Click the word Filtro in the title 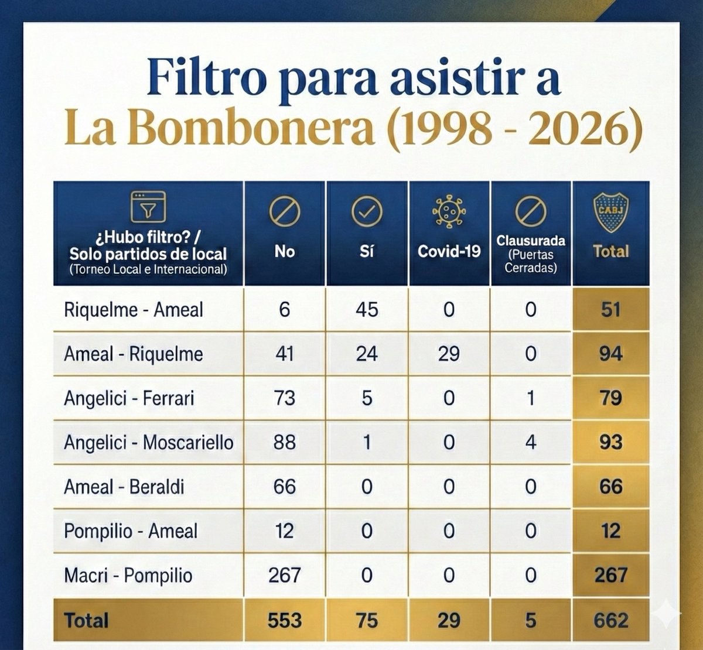point(207,77)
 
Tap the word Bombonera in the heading point(251,128)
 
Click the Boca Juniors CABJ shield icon point(610,212)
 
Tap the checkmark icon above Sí point(367,211)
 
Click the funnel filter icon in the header point(148,207)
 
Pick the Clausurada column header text point(531,241)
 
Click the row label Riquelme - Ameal point(134,310)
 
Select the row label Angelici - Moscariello point(149,443)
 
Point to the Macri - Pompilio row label point(128,576)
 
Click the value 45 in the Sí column point(367,310)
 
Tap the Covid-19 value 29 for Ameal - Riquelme point(449,354)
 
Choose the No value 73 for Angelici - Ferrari point(284,398)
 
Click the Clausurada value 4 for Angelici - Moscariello point(531,442)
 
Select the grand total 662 point(611,620)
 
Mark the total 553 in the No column point(285,620)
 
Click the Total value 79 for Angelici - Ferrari point(611,398)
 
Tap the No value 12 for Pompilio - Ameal point(284,531)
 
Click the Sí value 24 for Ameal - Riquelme point(367,354)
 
